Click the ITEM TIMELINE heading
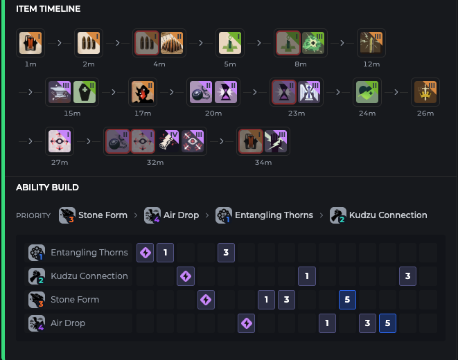(x=49, y=9)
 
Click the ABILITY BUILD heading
(x=47, y=187)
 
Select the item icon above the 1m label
(x=30, y=43)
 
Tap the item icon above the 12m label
(x=371, y=43)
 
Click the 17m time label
(x=143, y=113)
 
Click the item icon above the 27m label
(x=60, y=141)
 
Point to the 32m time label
(x=155, y=163)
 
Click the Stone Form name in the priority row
(x=103, y=215)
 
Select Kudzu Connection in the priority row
(x=387, y=215)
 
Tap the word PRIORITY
(x=33, y=216)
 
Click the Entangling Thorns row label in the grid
(x=89, y=253)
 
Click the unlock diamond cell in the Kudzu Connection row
(x=186, y=276)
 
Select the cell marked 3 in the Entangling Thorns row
(x=226, y=253)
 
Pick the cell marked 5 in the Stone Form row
(x=348, y=300)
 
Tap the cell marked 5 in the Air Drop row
(x=388, y=323)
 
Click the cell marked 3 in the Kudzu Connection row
(x=408, y=276)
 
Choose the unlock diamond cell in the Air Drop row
(x=246, y=323)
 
